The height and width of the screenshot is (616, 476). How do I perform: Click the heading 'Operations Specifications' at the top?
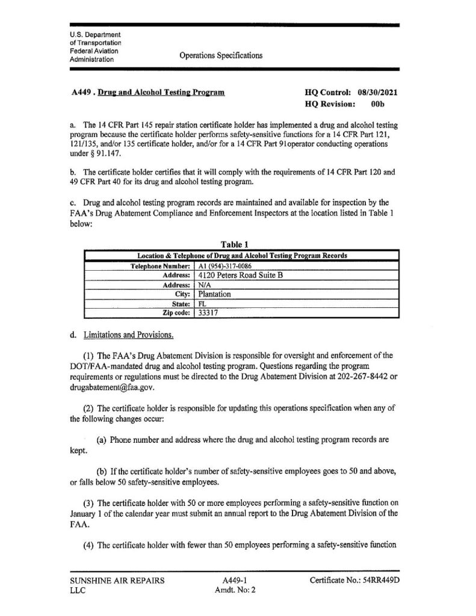[x=221, y=55]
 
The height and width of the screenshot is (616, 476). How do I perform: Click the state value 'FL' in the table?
[x=202, y=304]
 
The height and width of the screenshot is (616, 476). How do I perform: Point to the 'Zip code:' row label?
[x=175, y=313]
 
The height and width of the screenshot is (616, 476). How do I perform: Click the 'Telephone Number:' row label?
[x=161, y=265]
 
